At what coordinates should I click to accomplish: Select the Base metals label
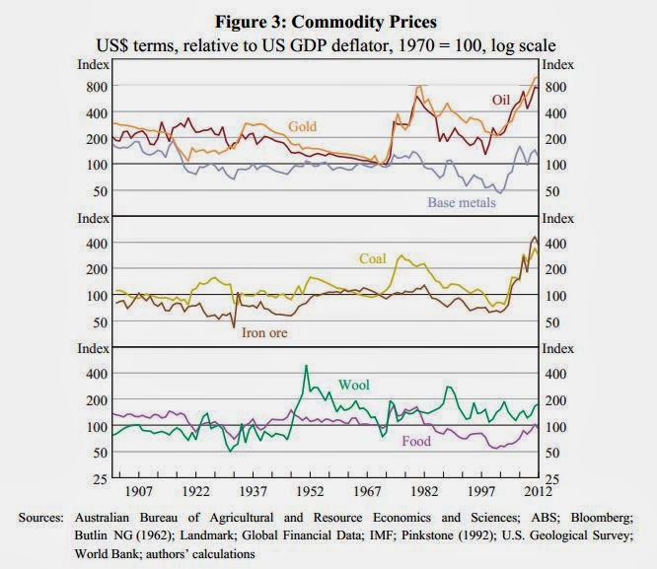pos(461,203)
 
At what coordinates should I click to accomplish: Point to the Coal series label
pos(372,259)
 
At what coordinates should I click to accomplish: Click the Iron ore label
pos(264,332)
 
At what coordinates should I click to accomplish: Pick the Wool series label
pos(353,384)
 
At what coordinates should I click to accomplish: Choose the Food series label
pos(416,441)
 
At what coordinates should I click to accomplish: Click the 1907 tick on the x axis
pos(137,491)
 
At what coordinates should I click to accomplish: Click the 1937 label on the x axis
pos(254,491)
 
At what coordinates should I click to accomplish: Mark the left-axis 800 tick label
pos(95,87)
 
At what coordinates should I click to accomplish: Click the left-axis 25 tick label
pos(99,478)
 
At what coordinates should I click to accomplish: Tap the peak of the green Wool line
pos(306,366)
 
